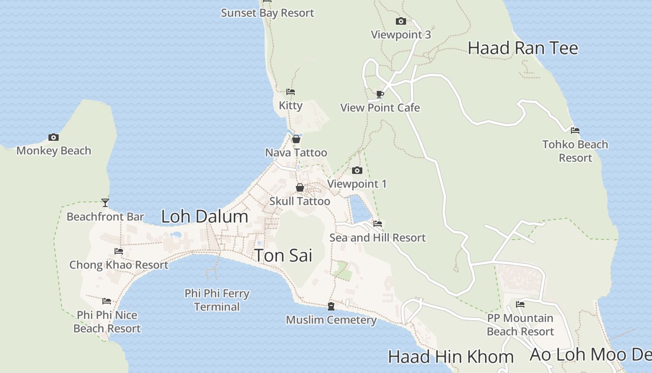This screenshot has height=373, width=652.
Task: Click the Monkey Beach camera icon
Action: (x=54, y=137)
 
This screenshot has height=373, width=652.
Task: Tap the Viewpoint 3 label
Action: (x=401, y=35)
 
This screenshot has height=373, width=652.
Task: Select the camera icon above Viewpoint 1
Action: (x=357, y=170)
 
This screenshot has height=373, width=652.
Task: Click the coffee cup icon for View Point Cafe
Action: (x=380, y=94)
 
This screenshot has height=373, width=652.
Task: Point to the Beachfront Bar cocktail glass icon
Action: (x=105, y=203)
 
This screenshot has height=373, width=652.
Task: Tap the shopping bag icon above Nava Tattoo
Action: (x=296, y=139)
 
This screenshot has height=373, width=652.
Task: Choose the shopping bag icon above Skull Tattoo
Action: (x=300, y=187)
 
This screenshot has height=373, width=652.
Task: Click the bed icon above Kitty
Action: (x=291, y=92)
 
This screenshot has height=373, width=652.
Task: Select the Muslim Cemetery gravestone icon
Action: (x=331, y=306)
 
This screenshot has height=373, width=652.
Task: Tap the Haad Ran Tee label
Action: (x=523, y=48)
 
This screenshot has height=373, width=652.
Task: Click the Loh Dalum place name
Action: (x=204, y=216)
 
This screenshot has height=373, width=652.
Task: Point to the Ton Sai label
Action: (x=283, y=256)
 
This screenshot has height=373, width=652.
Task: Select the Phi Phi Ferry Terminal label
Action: (x=217, y=300)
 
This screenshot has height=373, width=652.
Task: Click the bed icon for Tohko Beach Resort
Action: (x=575, y=131)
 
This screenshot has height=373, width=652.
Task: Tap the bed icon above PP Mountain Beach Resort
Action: (x=520, y=304)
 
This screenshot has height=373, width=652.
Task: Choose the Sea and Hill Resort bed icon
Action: (x=378, y=224)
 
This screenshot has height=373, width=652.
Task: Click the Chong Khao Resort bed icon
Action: (x=119, y=251)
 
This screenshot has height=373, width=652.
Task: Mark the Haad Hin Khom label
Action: (x=450, y=357)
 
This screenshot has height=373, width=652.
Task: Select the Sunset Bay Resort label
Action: (x=267, y=13)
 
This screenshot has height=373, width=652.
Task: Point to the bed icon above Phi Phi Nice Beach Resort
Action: (x=107, y=301)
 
